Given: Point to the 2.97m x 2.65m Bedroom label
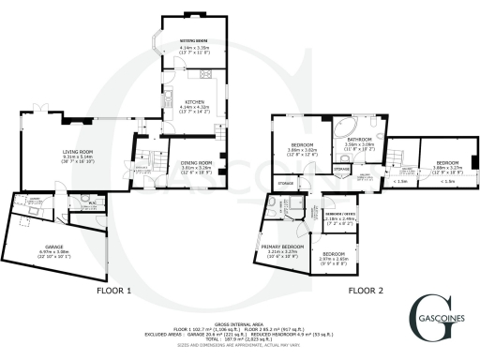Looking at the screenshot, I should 334,257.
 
